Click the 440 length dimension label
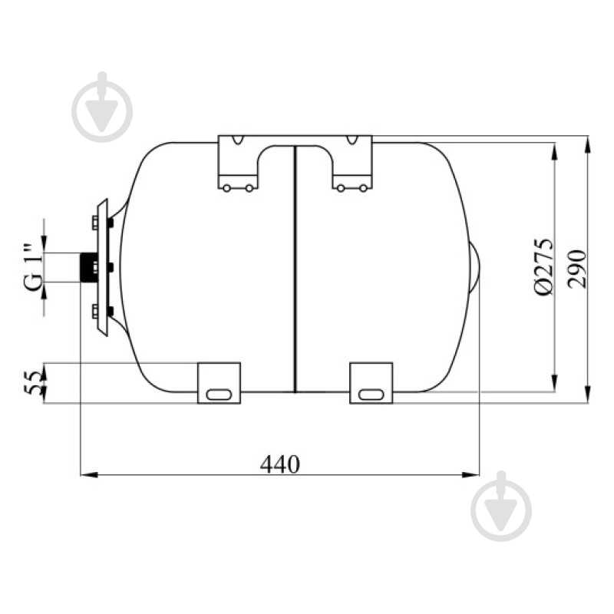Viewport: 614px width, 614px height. pos(280,464)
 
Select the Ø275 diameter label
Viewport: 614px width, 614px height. pos(544,266)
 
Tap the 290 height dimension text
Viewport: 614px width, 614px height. pos(578,269)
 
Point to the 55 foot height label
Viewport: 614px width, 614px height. pos(32,382)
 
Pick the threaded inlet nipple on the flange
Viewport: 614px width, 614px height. pos(87,267)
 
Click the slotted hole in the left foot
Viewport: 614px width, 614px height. pos(219,394)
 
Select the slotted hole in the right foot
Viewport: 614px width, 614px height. pos(371,394)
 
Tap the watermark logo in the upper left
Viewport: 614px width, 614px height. pos(102,107)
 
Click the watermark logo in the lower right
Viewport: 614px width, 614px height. pos(501,507)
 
